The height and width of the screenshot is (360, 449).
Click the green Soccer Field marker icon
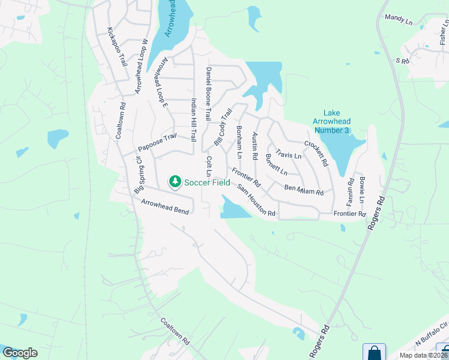point(175,181)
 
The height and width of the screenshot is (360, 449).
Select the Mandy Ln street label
point(399,20)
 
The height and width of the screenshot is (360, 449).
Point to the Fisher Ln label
point(443,37)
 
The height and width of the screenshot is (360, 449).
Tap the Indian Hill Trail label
point(193,119)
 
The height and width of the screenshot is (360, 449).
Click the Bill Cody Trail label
point(223,127)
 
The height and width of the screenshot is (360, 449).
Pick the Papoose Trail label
point(157,143)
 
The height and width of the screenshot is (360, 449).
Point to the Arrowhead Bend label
point(165,208)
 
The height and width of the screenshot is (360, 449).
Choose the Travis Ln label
point(288,155)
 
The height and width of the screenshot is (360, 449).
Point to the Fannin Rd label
point(350,190)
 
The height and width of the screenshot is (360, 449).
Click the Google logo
point(20,353)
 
